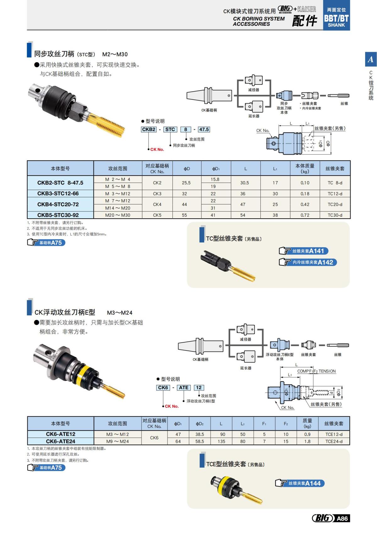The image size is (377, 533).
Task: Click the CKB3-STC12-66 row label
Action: [x=58, y=193]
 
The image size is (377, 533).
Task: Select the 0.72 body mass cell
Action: [x=305, y=215]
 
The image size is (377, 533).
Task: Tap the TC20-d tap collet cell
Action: [x=335, y=204]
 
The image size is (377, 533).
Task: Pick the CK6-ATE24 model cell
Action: [x=60, y=441]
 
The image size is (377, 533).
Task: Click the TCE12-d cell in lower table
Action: [x=334, y=434]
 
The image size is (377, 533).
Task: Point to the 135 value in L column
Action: [x=221, y=441]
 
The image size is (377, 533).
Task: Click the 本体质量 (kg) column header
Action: [x=305, y=168]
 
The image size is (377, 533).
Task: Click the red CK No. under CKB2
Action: [x=157, y=150]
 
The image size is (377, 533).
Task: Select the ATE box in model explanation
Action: [x=183, y=388]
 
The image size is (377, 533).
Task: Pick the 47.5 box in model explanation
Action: [x=204, y=129]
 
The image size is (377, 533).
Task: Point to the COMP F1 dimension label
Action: [x=304, y=371]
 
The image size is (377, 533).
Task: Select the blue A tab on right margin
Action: [x=371, y=59]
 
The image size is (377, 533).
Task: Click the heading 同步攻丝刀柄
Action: [x=54, y=54]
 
